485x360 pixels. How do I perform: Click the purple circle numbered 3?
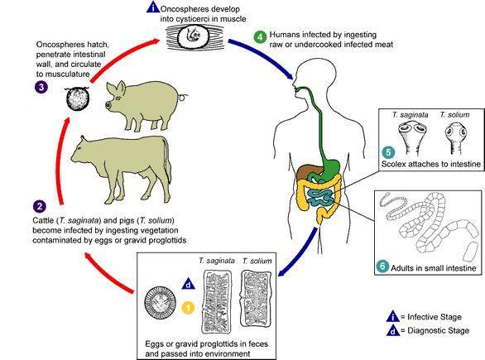tap(41, 87)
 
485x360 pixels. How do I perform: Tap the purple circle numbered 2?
tap(39, 206)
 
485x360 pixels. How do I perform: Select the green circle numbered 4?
tap(260, 37)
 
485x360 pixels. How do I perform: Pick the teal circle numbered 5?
tap(388, 152)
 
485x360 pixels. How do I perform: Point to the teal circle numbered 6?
tap(382, 266)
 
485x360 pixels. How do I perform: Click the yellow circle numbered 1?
tap(189, 308)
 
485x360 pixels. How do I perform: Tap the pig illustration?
tap(146, 104)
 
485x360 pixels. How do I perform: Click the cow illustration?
tap(121, 170)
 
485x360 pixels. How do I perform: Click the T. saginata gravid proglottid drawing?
tap(217, 302)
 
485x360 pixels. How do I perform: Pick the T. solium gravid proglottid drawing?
tap(256, 299)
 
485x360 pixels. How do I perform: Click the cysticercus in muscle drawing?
tap(194, 37)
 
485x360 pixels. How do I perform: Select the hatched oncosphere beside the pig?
tap(78, 98)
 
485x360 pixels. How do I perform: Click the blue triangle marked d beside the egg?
tap(189, 284)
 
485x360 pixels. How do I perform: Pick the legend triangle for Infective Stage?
tap(393, 316)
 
